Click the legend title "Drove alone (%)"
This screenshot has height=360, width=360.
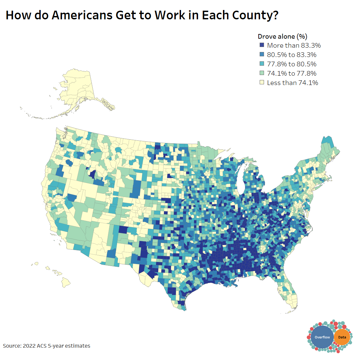coord(282,36)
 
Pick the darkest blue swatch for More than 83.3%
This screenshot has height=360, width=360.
coord(262,45)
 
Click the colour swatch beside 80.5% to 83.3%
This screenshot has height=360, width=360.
coord(262,55)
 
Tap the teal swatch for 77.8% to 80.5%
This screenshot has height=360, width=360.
coord(262,64)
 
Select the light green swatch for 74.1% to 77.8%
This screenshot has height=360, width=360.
coord(262,73)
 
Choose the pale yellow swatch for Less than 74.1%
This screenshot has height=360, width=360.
coord(262,83)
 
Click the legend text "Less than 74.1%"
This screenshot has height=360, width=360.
coord(292,83)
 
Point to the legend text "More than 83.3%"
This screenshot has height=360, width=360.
coord(294,45)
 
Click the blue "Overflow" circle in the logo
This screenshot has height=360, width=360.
coord(322,337)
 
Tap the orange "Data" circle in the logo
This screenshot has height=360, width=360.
coord(342,337)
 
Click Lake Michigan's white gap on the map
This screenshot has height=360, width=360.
coord(239,177)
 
